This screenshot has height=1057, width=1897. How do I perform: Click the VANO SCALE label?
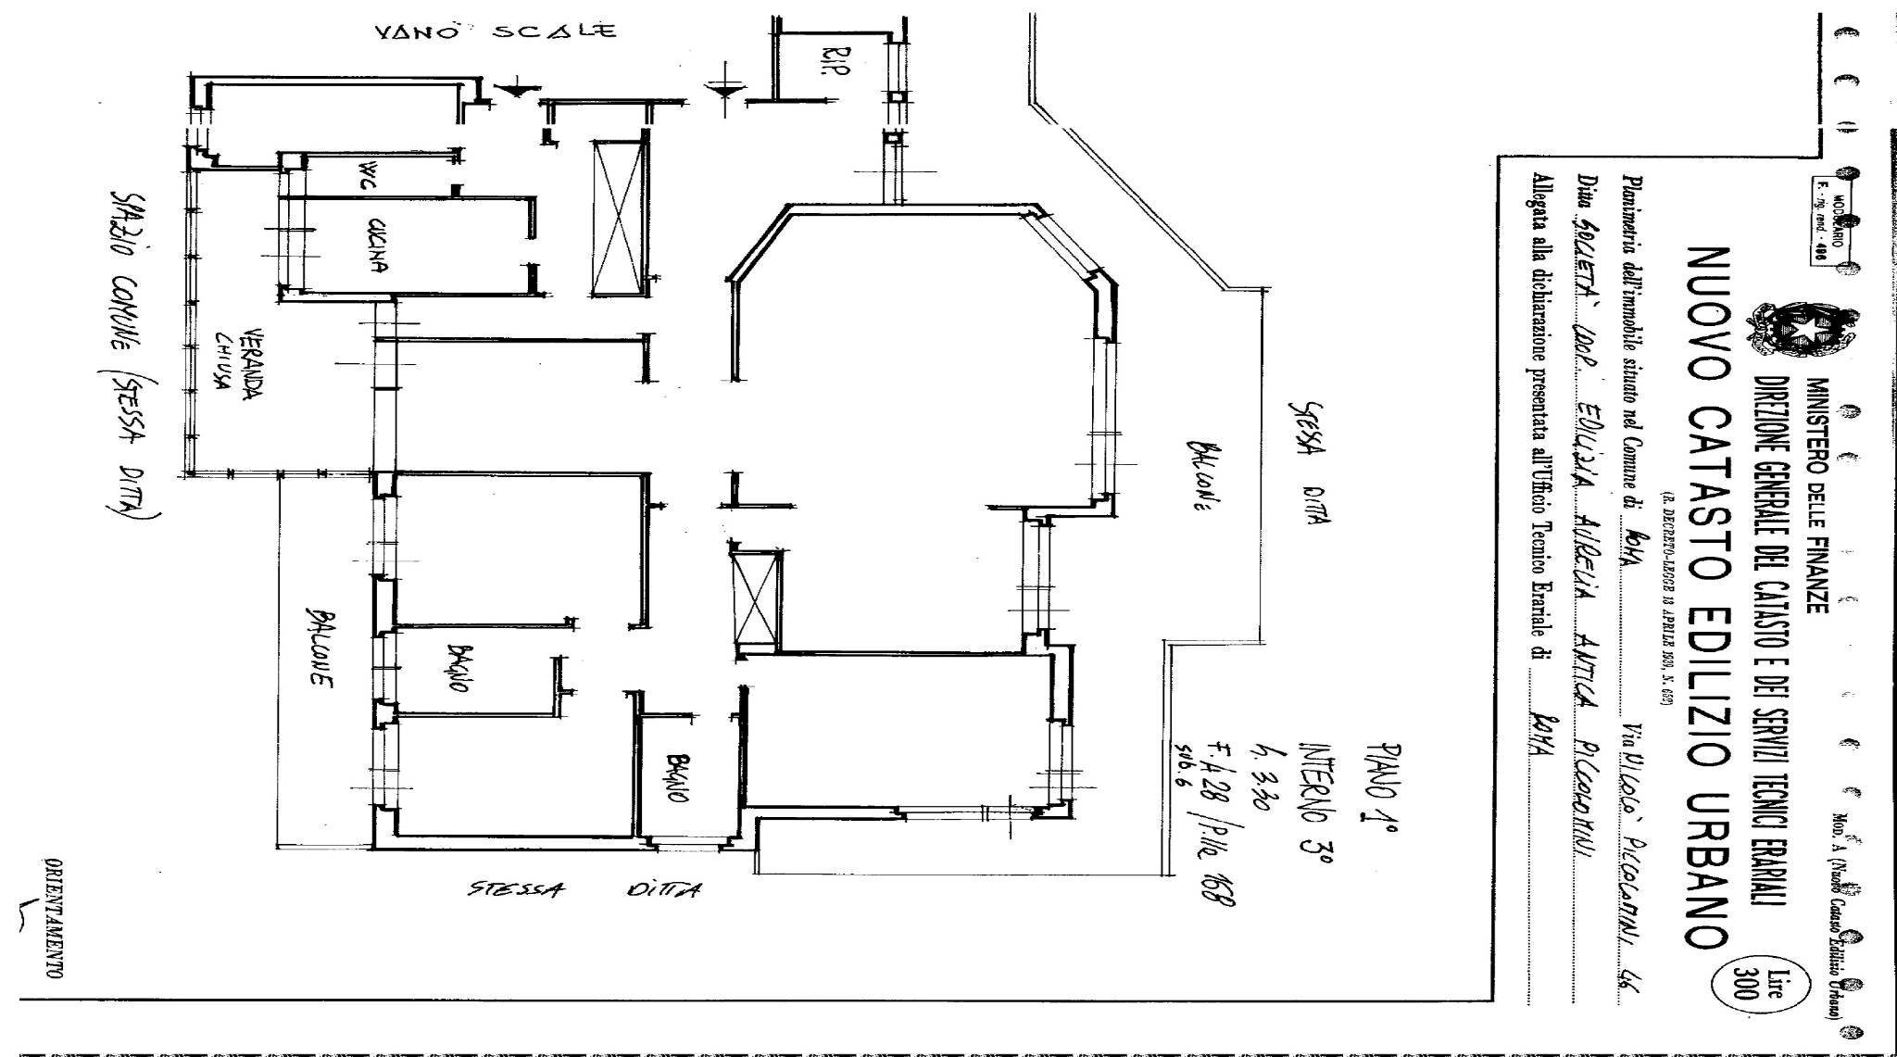[x=495, y=32]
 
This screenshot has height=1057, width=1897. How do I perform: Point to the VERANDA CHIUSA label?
[x=235, y=362]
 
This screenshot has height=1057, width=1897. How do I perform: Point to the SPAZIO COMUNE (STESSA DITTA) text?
[x=132, y=352]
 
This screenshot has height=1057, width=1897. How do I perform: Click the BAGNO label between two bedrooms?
[x=455, y=667]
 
